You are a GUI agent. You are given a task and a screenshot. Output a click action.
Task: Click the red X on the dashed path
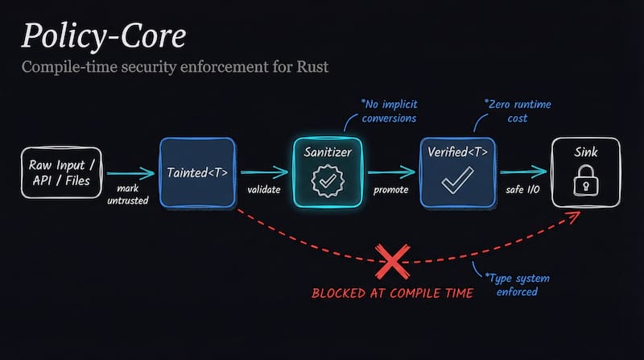tap(394, 261)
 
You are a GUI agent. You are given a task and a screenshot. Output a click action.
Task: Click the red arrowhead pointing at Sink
tap(573, 217)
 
